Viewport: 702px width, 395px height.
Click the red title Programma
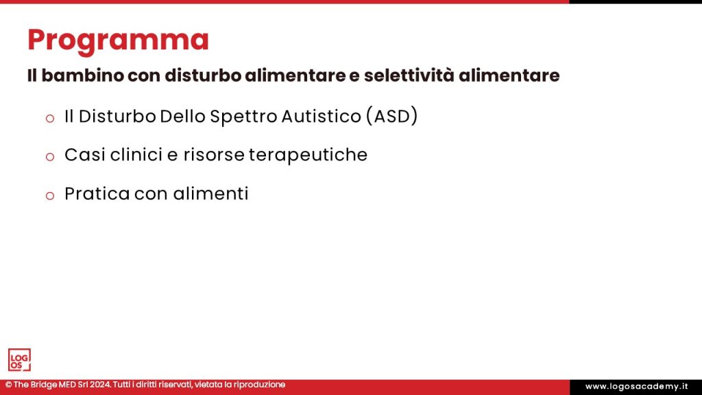tap(118, 40)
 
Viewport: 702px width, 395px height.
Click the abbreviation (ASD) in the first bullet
tap(391, 117)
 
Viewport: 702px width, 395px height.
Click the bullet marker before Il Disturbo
tap(49, 118)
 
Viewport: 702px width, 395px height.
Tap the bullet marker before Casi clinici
tap(49, 156)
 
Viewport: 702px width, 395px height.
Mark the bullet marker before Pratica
tap(49, 195)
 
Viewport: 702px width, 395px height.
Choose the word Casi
tap(82, 156)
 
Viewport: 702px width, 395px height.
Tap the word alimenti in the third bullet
tap(210, 194)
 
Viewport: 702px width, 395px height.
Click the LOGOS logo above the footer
tap(19, 359)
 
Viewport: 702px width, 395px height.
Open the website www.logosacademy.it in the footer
tap(636, 387)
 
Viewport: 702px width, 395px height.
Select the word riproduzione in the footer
tap(258, 385)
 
